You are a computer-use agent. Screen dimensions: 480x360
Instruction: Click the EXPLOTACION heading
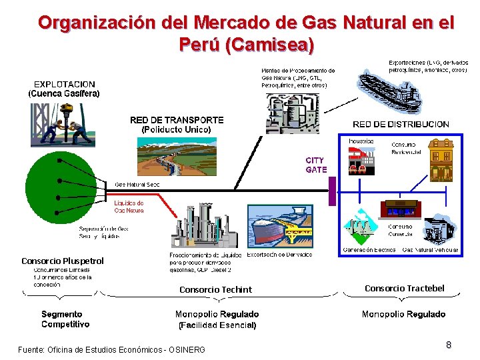pyautogui.click(x=64, y=84)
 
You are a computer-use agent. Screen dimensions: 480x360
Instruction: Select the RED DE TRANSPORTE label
pyautogui.click(x=177, y=120)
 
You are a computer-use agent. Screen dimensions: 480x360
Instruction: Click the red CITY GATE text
pyautogui.click(x=316, y=165)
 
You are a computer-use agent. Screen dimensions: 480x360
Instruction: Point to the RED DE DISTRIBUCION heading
pyautogui.click(x=401, y=124)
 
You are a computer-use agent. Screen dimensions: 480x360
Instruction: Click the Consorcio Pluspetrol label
pyautogui.click(x=63, y=261)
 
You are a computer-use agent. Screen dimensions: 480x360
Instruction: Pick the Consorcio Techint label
pyautogui.click(x=215, y=289)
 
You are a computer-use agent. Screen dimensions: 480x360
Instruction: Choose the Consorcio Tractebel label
pyautogui.click(x=404, y=288)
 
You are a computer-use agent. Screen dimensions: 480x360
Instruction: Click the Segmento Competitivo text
pyautogui.click(x=65, y=319)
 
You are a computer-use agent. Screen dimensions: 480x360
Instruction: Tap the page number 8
pyautogui.click(x=449, y=345)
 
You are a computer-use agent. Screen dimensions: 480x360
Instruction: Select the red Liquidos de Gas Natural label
pyautogui.click(x=129, y=206)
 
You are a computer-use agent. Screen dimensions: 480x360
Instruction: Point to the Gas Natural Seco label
pyautogui.click(x=137, y=184)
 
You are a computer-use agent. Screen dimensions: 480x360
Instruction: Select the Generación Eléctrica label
pyautogui.click(x=369, y=250)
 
